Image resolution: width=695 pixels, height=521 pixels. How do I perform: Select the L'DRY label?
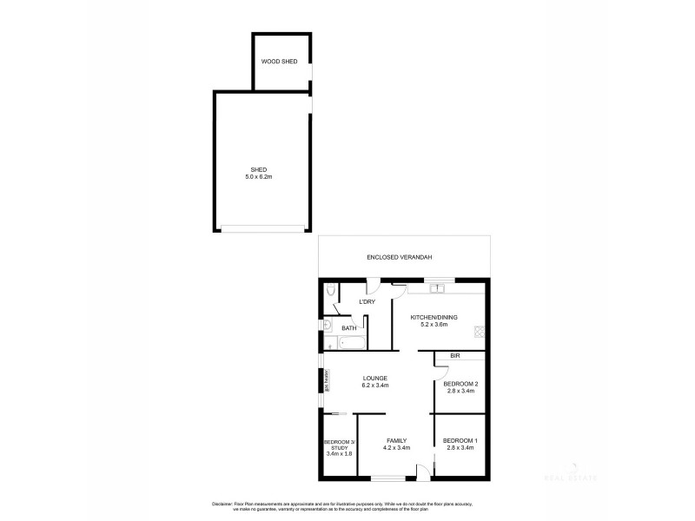click(x=367, y=301)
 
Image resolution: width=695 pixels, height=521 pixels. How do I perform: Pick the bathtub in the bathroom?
click(x=351, y=343)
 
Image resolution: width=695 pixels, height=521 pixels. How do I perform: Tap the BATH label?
click(x=349, y=327)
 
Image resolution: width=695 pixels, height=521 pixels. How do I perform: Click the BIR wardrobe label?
click(x=454, y=356)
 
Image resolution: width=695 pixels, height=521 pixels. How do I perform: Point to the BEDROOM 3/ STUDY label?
click(x=337, y=446)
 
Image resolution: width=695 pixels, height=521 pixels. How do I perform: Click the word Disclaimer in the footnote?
click(x=223, y=504)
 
